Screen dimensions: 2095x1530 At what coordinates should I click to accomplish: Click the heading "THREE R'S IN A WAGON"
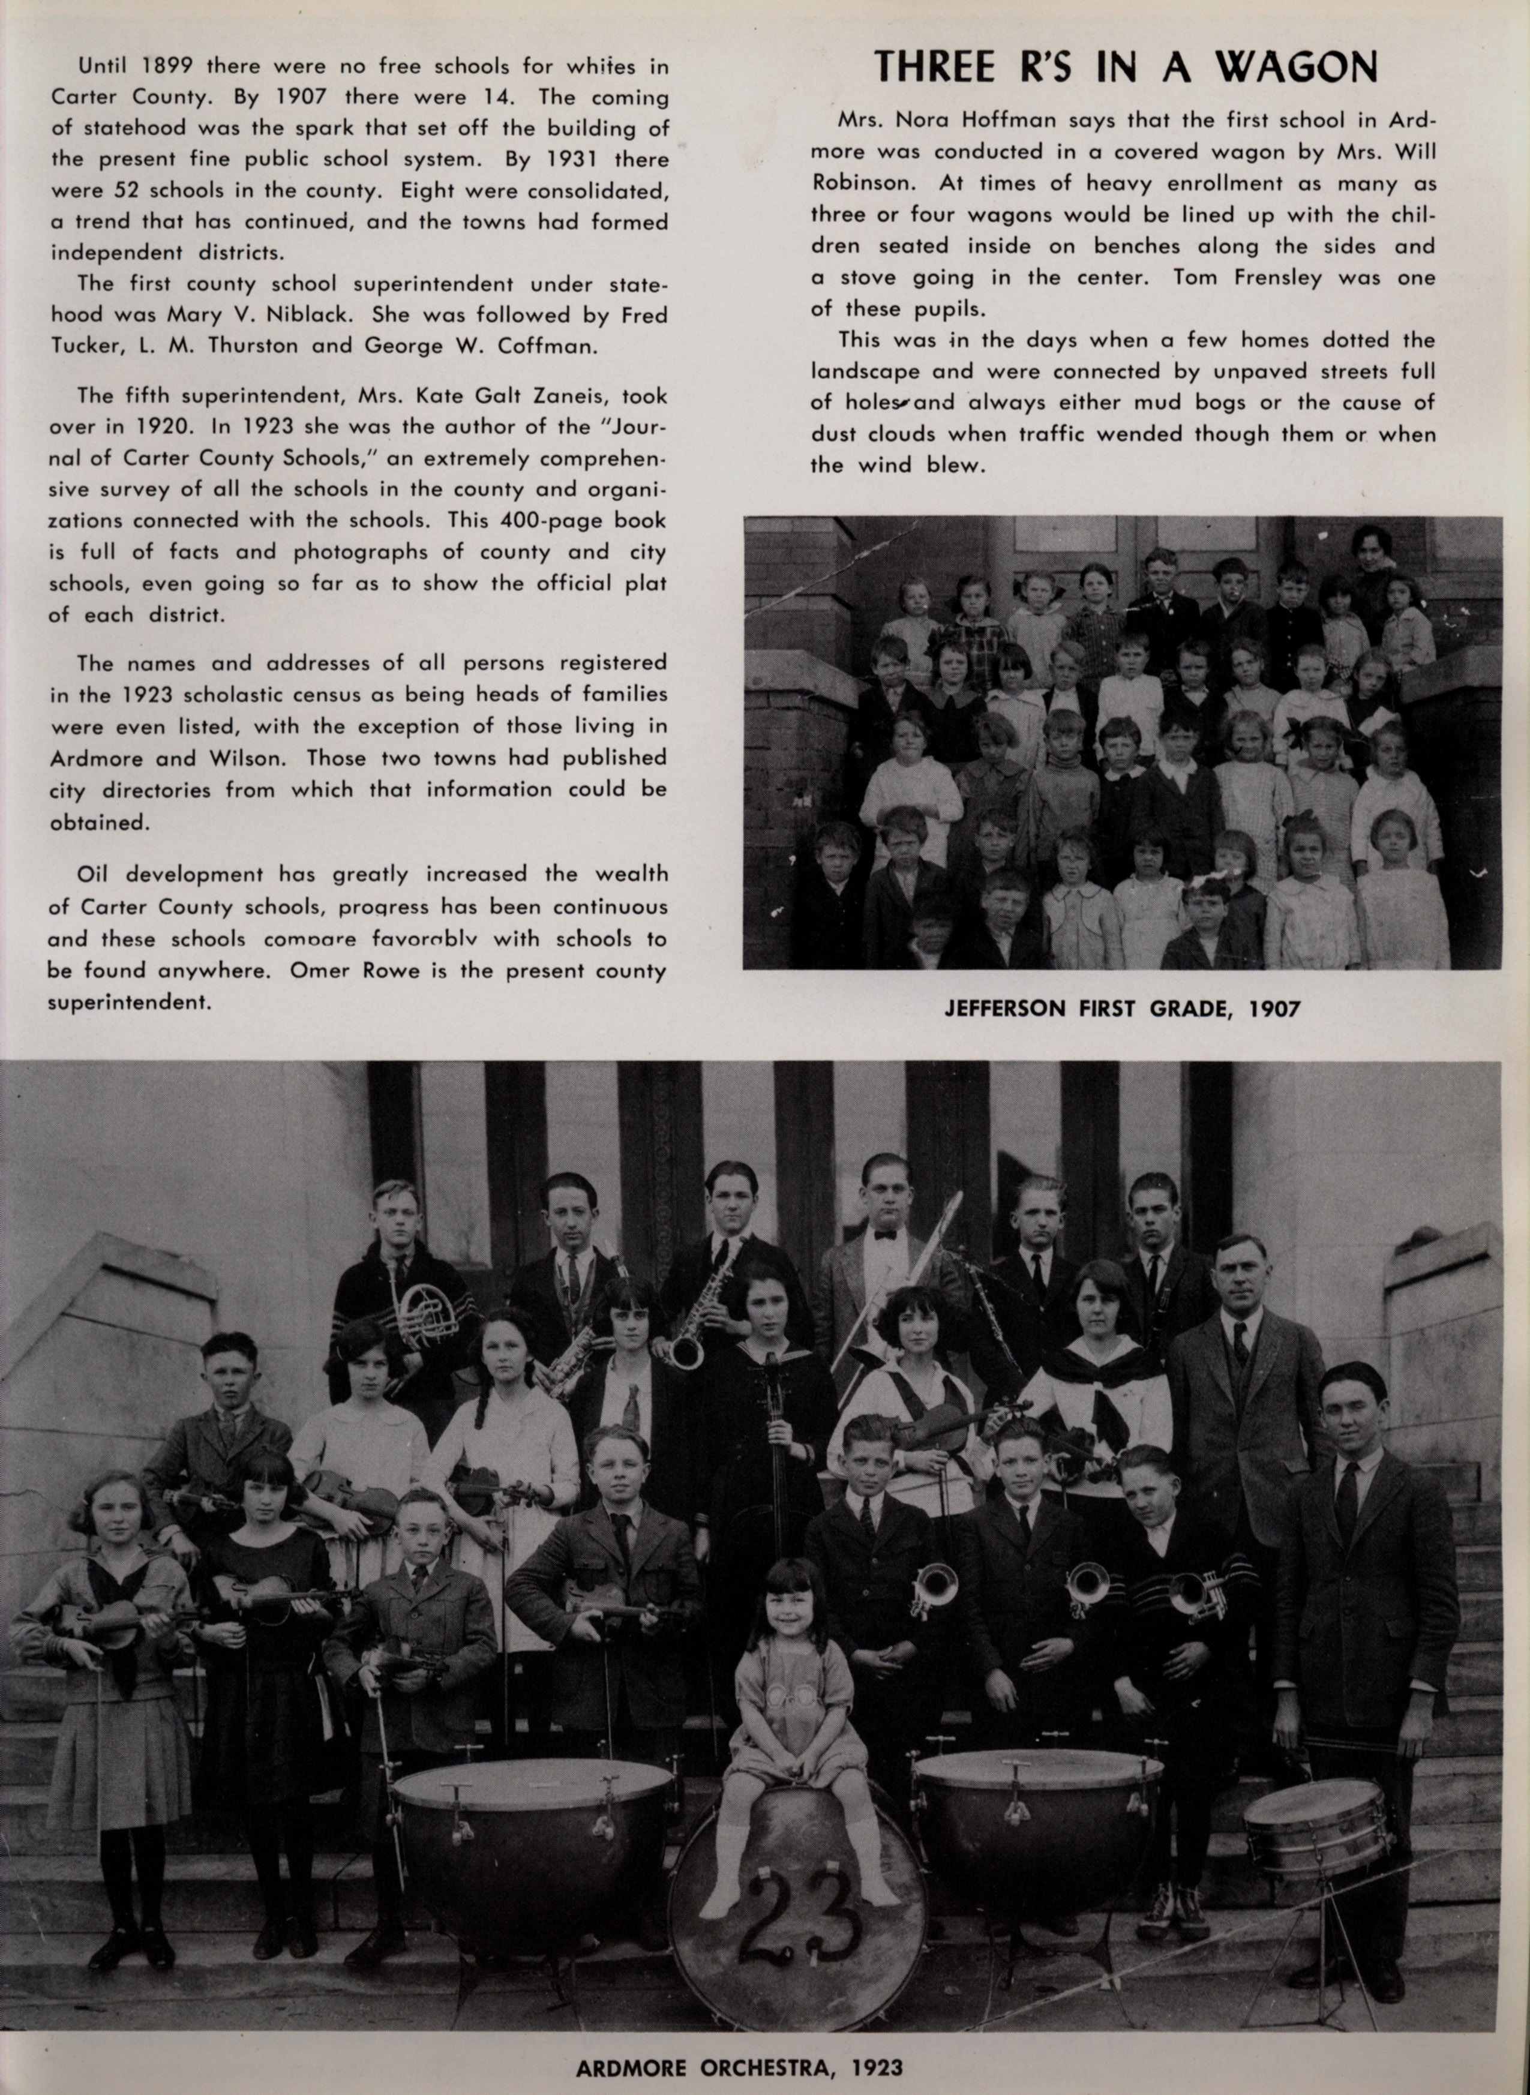[x=1126, y=68]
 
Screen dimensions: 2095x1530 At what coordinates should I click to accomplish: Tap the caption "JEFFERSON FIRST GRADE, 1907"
[x=1121, y=1009]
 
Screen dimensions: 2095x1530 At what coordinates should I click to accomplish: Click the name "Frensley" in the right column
[x=1264, y=278]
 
